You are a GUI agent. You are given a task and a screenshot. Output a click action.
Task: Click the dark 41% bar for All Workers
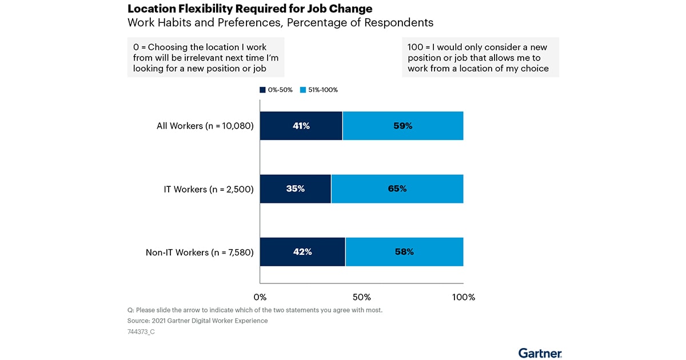coord(301,126)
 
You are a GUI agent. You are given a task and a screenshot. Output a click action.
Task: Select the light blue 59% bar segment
coord(403,126)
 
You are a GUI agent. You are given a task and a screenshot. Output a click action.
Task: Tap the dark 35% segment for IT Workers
coord(296,189)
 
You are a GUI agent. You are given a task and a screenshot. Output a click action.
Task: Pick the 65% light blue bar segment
coord(397,189)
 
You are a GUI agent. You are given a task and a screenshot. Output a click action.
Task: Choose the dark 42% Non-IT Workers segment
coord(302,251)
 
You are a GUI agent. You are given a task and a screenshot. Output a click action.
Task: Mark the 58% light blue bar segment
coord(404,251)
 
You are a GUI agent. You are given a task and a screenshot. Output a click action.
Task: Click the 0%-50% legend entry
coord(277,90)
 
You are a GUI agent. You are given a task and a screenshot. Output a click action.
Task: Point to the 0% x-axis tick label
coord(260,297)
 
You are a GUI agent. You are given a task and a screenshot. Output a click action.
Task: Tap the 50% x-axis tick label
coord(362,297)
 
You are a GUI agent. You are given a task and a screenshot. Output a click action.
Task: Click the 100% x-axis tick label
coord(463,297)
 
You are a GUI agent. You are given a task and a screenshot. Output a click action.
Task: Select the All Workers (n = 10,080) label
coord(205,126)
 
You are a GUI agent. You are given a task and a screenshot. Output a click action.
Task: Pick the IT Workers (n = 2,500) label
coord(209,189)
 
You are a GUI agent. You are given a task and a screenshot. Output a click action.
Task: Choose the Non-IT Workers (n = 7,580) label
coord(200,251)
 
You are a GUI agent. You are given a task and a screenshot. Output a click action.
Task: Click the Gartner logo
coord(540,353)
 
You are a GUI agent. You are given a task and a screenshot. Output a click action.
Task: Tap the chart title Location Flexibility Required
coord(250,9)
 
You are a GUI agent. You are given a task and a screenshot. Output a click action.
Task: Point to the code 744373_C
coord(141,331)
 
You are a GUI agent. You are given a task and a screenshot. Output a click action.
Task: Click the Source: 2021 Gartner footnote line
coord(197,321)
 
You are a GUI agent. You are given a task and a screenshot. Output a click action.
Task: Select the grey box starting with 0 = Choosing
coord(206,57)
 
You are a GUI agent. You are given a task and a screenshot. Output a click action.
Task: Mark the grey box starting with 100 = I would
coord(480,57)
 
